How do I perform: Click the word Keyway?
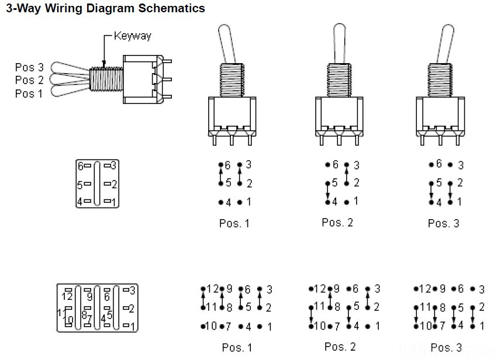coord(133,36)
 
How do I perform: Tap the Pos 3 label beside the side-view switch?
coord(29,67)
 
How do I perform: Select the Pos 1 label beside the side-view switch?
coord(29,94)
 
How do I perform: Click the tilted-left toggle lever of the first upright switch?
coord(227,44)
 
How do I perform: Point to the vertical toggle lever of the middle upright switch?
coord(339,43)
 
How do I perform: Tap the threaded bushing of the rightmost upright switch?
coord(440,80)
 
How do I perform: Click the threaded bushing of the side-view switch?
coord(106,79)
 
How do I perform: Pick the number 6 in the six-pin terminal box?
coord(81,166)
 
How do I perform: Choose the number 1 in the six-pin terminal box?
coord(114,202)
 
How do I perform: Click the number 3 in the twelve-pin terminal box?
coord(132,290)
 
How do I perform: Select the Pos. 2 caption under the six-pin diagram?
coord(337,223)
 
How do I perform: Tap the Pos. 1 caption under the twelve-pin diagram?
coord(237,347)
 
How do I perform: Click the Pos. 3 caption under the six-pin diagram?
coord(443,223)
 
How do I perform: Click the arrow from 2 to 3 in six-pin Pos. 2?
coord(347,174)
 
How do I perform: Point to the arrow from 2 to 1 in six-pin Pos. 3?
coord(450,193)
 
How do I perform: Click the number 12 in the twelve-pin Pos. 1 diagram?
coord(213,289)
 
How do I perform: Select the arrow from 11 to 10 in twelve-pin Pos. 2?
coord(311,317)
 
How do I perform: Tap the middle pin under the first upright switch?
coord(232,140)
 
